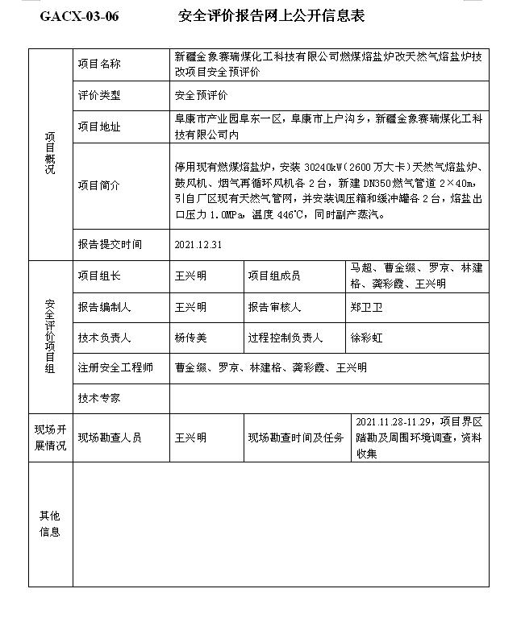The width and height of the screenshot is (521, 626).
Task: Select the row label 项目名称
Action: pyautogui.click(x=99, y=64)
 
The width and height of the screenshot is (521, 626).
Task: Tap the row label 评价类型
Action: pyautogui.click(x=99, y=95)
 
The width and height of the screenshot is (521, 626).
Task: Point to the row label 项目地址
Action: pyautogui.click(x=99, y=126)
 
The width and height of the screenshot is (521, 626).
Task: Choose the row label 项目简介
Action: pyautogui.click(x=99, y=185)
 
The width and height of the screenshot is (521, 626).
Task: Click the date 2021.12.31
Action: pyautogui.click(x=198, y=244)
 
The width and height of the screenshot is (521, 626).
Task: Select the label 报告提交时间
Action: pyautogui.click(x=110, y=244)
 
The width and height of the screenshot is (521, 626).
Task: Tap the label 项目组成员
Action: pyautogui.click(x=274, y=276)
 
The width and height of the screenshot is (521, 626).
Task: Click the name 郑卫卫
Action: pyautogui.click(x=367, y=307)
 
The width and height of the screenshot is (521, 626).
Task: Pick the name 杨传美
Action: pyautogui.click(x=191, y=338)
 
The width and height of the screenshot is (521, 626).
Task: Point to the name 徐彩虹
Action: pyautogui.click(x=367, y=338)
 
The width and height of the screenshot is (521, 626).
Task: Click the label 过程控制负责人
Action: pyautogui.click(x=285, y=338)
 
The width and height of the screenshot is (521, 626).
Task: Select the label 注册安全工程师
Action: pyautogui.click(x=115, y=368)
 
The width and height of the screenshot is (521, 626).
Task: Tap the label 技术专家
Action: pyautogui.click(x=99, y=398)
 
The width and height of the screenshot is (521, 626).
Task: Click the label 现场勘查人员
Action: pyautogui.click(x=110, y=437)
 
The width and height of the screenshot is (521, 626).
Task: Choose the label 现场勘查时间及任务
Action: pyautogui.click(x=295, y=437)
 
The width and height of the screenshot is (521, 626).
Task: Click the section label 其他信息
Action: pyautogui.click(x=50, y=524)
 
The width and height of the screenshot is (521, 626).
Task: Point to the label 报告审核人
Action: pyautogui.click(x=274, y=307)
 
